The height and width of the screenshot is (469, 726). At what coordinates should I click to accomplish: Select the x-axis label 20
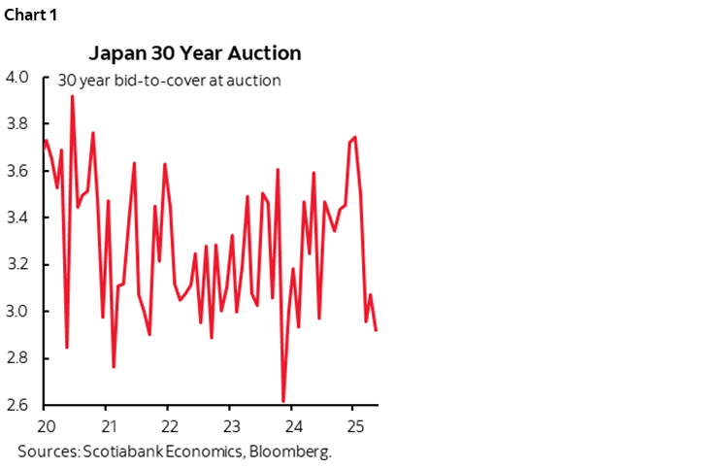click(45, 426)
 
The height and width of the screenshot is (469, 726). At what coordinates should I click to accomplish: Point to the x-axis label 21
click(108, 426)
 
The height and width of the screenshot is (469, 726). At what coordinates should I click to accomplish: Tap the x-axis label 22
click(169, 426)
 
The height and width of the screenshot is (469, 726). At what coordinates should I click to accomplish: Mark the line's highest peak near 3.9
click(72, 96)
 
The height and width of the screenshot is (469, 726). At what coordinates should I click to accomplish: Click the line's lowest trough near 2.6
click(283, 401)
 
